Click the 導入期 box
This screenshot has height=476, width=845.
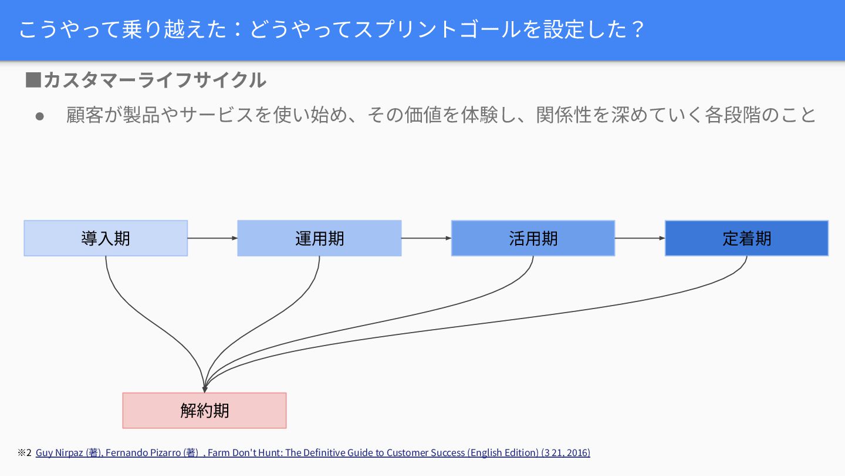pyautogui.click(x=106, y=238)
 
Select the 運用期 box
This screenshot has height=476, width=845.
pyautogui.click(x=319, y=238)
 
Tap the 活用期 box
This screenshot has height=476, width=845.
pyautogui.click(x=533, y=238)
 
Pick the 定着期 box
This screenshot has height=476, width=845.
pyautogui.click(x=746, y=238)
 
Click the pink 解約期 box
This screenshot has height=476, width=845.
pyautogui.click(x=204, y=410)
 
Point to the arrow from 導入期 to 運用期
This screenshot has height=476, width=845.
pyautogui.click(x=212, y=238)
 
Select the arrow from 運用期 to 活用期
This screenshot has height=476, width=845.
pyautogui.click(x=426, y=238)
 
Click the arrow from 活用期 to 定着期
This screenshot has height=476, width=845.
pyautogui.click(x=640, y=238)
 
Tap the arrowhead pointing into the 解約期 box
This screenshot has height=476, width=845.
pyautogui.click(x=205, y=388)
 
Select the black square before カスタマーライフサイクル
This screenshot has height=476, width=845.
pyautogui.click(x=33, y=80)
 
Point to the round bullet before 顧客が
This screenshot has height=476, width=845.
pyautogui.click(x=40, y=116)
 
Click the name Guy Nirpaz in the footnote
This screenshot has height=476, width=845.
pyautogui.click(x=60, y=452)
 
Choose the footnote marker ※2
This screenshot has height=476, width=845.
pyautogui.click(x=24, y=452)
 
